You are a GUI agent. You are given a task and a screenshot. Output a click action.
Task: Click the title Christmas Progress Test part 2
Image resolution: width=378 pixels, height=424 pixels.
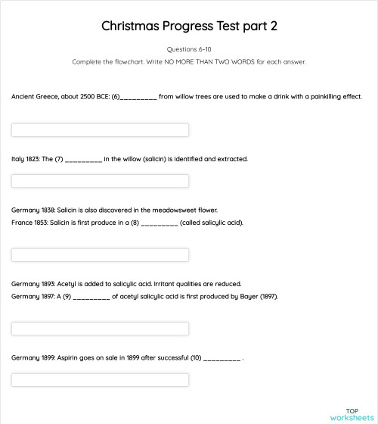tap(189, 26)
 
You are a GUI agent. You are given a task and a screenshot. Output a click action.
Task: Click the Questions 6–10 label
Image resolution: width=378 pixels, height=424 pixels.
tap(189, 49)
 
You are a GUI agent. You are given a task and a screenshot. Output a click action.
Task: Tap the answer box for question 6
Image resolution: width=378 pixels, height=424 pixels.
tap(100, 129)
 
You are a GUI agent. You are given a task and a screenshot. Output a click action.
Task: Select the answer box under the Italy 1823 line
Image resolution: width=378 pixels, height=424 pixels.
tap(100, 181)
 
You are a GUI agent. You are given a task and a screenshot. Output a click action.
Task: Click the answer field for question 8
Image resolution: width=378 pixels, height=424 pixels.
tap(100, 254)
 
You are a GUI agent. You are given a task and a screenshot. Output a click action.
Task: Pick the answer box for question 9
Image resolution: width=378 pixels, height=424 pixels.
tap(100, 329)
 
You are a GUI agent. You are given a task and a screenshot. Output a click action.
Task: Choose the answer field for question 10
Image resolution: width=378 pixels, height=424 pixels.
tap(100, 379)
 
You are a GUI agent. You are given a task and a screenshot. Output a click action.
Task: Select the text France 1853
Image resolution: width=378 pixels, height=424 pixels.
tap(29, 223)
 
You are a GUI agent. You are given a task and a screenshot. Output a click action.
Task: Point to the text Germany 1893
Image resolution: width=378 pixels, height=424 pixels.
tap(32, 283)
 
